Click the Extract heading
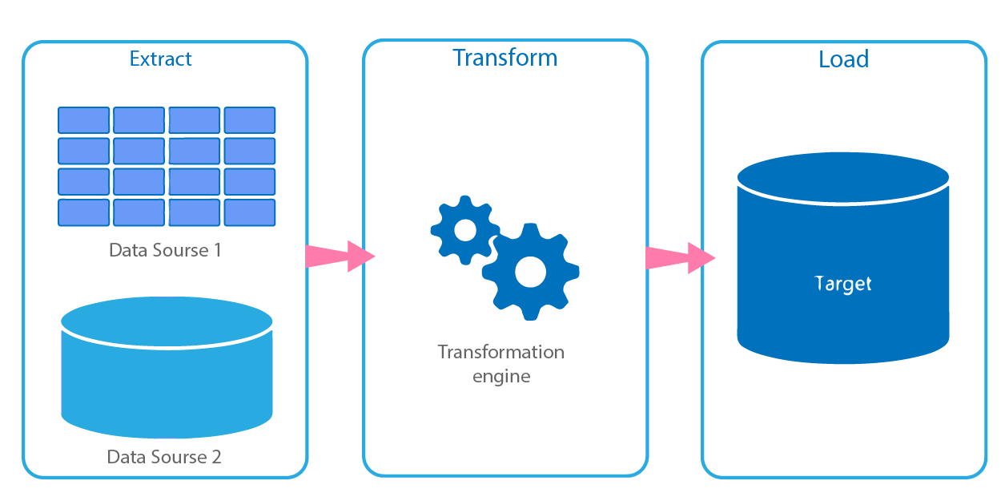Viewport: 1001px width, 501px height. (x=161, y=59)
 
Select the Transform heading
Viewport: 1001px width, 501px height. (x=505, y=58)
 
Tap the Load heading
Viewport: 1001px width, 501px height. (x=843, y=59)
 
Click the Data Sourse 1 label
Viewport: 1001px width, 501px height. (x=165, y=250)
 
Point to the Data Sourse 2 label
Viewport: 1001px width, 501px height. (x=164, y=457)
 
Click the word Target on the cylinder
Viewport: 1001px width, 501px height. (x=842, y=284)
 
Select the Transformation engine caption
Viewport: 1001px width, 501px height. (x=500, y=363)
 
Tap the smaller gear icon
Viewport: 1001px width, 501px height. (x=465, y=229)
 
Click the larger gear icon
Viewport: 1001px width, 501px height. (x=530, y=272)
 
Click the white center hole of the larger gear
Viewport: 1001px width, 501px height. (x=530, y=272)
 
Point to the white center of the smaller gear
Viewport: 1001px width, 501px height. (x=465, y=230)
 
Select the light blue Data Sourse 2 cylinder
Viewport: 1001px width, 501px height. (x=167, y=377)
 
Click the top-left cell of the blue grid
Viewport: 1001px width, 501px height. (x=83, y=120)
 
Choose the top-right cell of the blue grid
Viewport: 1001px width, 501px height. (x=250, y=120)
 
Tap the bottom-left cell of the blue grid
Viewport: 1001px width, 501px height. (x=83, y=212)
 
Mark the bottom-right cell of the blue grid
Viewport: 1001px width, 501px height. (x=250, y=212)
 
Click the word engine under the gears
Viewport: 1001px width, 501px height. (x=500, y=376)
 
